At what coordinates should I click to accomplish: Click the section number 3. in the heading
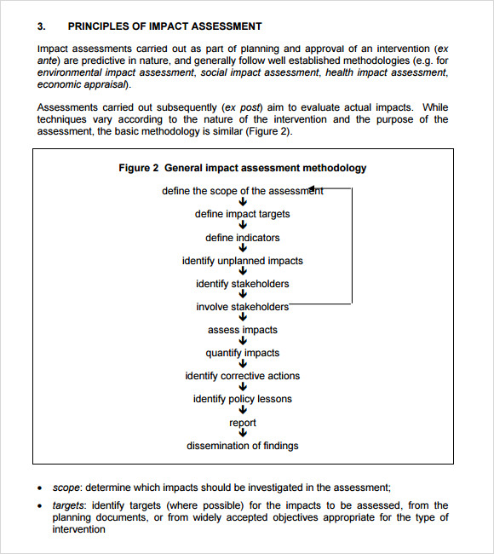(41, 26)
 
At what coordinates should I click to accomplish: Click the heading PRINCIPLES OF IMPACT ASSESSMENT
(164, 26)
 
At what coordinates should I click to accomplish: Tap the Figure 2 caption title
(242, 168)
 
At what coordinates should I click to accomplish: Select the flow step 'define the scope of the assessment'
(242, 191)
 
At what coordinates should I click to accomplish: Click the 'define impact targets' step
(242, 214)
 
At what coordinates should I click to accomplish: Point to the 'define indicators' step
(242, 238)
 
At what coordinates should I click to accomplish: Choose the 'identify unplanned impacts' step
(242, 261)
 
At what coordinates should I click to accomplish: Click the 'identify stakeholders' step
(242, 284)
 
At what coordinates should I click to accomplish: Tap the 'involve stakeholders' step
(242, 307)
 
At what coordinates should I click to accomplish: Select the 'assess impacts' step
(242, 330)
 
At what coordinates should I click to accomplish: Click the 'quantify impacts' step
(242, 353)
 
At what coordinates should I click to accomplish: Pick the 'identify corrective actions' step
(242, 376)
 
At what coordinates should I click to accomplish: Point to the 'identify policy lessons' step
(242, 399)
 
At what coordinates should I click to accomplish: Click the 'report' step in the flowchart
(242, 423)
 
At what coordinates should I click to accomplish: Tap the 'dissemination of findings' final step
(242, 446)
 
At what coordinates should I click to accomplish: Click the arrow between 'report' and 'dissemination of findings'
(243, 434)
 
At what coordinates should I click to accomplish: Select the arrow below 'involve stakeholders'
(243, 318)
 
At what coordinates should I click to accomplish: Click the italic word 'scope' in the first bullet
(66, 488)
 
